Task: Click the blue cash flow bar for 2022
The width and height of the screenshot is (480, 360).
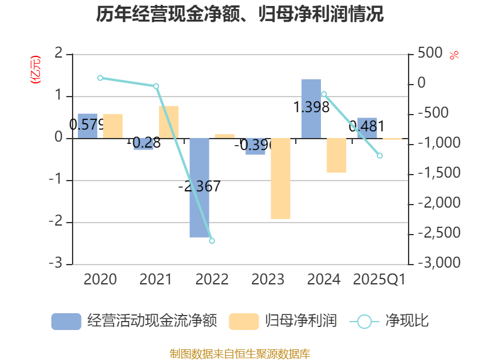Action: point(200,188)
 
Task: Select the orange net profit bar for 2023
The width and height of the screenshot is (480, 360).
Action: point(280,179)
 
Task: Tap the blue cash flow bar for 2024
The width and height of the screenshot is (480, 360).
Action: point(311,109)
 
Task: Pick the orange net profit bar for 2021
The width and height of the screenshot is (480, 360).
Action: point(169,122)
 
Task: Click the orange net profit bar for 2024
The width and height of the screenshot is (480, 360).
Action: point(337,155)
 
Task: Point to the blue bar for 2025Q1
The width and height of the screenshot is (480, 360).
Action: point(367,128)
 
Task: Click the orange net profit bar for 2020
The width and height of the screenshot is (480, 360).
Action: point(113,126)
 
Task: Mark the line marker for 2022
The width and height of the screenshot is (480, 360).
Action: point(212,241)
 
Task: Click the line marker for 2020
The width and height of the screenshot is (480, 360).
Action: point(100,78)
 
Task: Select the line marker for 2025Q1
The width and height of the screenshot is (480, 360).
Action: point(380,156)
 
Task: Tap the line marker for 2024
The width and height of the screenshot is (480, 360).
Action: point(324,94)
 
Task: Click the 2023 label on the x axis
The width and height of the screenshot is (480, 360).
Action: point(268,279)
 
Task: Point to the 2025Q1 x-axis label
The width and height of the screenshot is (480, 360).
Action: point(379,279)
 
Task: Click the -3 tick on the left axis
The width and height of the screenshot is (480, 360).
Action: point(58,264)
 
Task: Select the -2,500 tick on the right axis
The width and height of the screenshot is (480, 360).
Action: point(439,233)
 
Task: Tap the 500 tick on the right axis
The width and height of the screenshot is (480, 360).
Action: point(430,53)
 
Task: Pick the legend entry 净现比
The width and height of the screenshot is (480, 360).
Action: point(390,321)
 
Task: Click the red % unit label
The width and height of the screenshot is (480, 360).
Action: point(454,55)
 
